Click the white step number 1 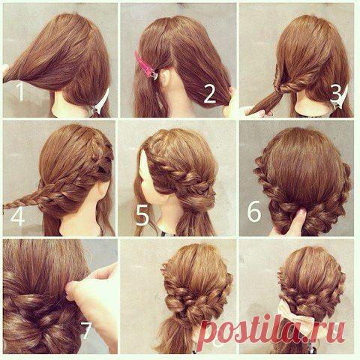20,92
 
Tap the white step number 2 209,94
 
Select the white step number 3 336,93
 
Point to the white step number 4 17,217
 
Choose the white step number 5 142,217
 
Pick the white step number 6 254,212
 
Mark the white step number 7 86,330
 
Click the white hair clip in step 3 340,100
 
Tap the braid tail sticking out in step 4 22,201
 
